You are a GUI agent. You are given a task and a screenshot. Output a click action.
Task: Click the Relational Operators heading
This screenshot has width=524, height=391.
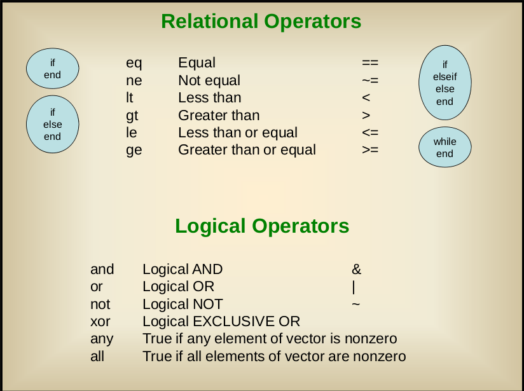tap(261, 22)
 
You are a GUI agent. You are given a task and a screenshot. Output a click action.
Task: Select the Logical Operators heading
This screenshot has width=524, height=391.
tap(262, 226)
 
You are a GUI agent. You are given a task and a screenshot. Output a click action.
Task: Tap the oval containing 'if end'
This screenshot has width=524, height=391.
tap(53, 69)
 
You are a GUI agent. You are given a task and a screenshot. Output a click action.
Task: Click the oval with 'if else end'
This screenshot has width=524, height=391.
tap(53, 125)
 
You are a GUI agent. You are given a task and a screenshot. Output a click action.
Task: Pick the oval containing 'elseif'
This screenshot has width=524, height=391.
tap(445, 83)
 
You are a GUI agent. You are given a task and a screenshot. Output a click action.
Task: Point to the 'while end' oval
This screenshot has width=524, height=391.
tap(445, 147)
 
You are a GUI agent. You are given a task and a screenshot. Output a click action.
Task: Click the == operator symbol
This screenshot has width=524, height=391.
tap(370, 62)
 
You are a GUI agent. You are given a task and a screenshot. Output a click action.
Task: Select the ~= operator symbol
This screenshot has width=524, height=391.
tap(370, 81)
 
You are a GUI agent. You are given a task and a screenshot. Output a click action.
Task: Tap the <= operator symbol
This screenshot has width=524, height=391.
tap(370, 132)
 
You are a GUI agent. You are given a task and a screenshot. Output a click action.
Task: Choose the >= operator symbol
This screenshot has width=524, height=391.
tap(370, 149)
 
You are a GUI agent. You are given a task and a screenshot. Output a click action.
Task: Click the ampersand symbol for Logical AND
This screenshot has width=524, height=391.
tap(357, 270)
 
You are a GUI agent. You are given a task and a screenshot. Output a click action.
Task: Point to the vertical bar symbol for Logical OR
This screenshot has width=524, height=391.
tap(354, 287)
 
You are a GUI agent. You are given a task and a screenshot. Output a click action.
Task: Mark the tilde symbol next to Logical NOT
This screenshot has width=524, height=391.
tap(356, 304)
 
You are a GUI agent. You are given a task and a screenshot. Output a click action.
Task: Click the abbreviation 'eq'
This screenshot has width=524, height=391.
tap(134, 64)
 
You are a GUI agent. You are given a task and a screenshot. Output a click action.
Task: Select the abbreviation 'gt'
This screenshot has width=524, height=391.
tap(132, 116)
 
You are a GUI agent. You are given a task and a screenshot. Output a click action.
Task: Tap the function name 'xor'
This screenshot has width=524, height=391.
tap(100, 322)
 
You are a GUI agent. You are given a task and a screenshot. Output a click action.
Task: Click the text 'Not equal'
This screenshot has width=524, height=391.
tap(209, 81)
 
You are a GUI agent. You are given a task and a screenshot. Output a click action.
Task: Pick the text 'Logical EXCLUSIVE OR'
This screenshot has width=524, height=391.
tap(221, 322)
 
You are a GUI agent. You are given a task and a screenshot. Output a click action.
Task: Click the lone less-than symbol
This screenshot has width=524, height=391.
tap(366, 97)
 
